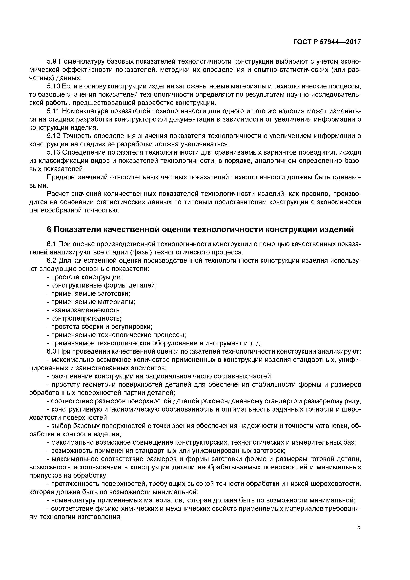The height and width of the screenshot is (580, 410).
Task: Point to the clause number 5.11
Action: click(x=53, y=111)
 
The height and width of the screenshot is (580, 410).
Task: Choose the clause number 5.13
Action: click(x=54, y=153)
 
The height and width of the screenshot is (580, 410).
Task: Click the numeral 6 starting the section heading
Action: click(x=49, y=229)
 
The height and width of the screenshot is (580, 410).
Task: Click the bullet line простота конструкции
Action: click(x=85, y=277)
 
